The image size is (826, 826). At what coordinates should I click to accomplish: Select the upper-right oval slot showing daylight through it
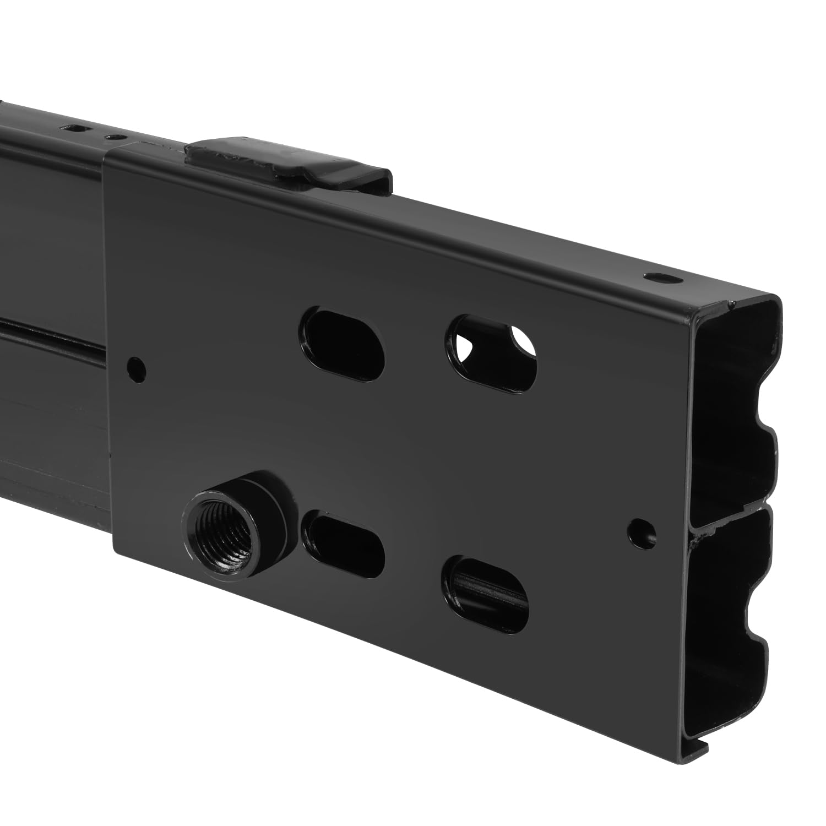[491, 352]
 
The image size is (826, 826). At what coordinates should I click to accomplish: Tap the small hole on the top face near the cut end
[659, 278]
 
